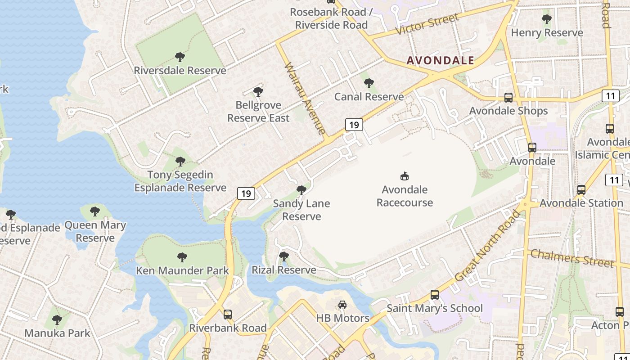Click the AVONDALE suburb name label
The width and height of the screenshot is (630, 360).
pos(441,60)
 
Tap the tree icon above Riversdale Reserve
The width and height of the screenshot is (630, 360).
pos(180,57)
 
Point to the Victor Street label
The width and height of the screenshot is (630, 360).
pos(427,24)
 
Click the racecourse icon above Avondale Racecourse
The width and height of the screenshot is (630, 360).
pos(405,176)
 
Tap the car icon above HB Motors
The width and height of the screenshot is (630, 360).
pos(342,305)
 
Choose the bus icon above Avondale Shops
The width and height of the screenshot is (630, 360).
pos(508,97)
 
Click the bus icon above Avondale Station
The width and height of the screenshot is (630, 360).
pos(581,190)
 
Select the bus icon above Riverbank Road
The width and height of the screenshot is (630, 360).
pos(228,314)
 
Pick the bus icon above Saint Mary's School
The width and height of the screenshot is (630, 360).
pos(435,295)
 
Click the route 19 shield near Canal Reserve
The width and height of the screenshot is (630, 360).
pos(354,125)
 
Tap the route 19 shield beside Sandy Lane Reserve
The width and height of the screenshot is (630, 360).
pos(246,193)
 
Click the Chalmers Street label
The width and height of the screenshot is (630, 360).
pos(571,258)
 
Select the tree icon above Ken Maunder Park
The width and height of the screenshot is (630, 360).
pos(182,257)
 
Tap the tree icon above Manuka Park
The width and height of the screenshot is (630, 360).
pos(57,320)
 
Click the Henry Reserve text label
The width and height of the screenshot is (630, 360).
pos(547,32)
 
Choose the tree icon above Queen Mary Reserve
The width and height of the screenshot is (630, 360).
pos(95,211)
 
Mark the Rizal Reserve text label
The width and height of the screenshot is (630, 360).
pos(283,270)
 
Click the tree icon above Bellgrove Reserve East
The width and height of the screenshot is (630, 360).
pos(258,92)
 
